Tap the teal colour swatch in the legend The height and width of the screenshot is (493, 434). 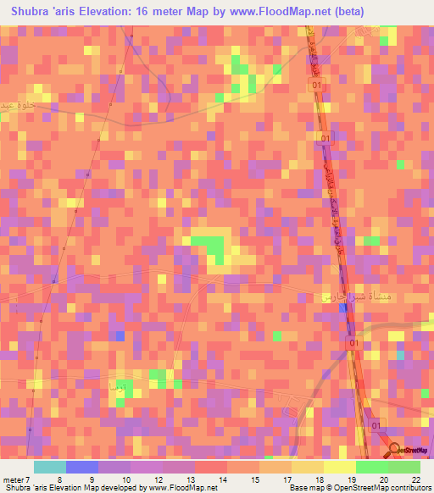[x=50, y=467]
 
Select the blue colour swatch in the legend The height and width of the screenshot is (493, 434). [x=82, y=467]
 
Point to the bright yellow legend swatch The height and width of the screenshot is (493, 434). [x=340, y=467]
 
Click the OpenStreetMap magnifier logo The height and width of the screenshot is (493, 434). [x=395, y=451]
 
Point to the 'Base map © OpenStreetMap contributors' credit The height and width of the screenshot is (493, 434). [x=357, y=488]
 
